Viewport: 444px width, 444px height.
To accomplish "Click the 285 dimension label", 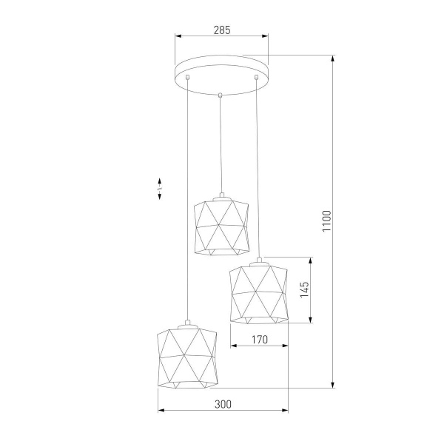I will coord(221,30).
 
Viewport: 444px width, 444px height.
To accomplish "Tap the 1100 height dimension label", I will coord(326,221).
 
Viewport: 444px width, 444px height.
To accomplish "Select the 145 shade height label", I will coord(304,289).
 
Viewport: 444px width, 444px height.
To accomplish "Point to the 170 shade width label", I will coord(258,340).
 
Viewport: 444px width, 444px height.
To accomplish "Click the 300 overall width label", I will coord(223,404).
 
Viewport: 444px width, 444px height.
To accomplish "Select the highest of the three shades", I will coord(220,228).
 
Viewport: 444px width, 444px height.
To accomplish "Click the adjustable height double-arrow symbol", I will coord(160,189).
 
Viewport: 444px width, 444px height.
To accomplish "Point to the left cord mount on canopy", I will coord(188,78).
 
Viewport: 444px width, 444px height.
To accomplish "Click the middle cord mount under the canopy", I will coord(221,94).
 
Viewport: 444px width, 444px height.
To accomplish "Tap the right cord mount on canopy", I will coord(256,77).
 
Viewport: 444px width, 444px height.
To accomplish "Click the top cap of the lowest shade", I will coord(186,322).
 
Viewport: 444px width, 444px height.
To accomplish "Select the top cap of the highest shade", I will coord(221,196).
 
